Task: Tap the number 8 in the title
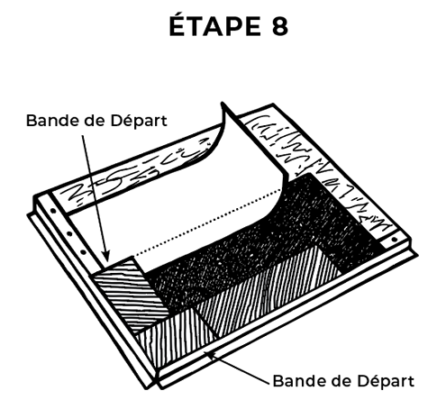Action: pyautogui.click(x=280, y=26)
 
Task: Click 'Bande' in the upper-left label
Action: pyautogui.click(x=47, y=121)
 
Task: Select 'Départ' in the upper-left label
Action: pyautogui.click(x=139, y=122)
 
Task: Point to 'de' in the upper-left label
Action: pyautogui.click(x=88, y=121)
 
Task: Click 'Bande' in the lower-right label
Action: pyautogui.click(x=294, y=381)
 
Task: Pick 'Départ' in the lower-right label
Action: pyautogui.click(x=386, y=382)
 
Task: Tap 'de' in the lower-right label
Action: pyautogui.click(x=335, y=381)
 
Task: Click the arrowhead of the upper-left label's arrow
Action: pyautogui.click(x=105, y=256)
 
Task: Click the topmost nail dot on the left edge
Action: pyautogui.click(x=53, y=211)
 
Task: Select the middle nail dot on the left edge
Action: pyautogui.click(x=69, y=233)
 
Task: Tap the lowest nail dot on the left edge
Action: pyautogui.click(x=84, y=253)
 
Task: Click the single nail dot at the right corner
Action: pyautogui.click(x=395, y=240)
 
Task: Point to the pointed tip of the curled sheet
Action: pyautogui.click(x=223, y=104)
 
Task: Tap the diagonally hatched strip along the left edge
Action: pyautogui.click(x=132, y=295)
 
